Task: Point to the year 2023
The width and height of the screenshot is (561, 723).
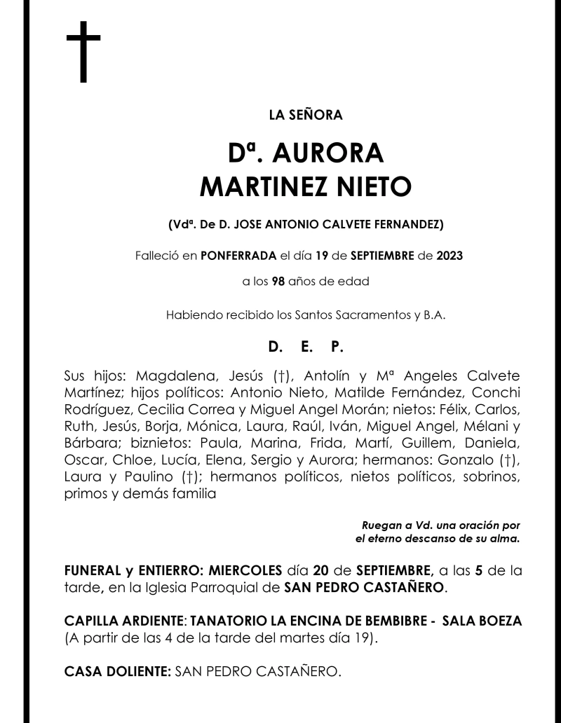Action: point(448,256)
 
